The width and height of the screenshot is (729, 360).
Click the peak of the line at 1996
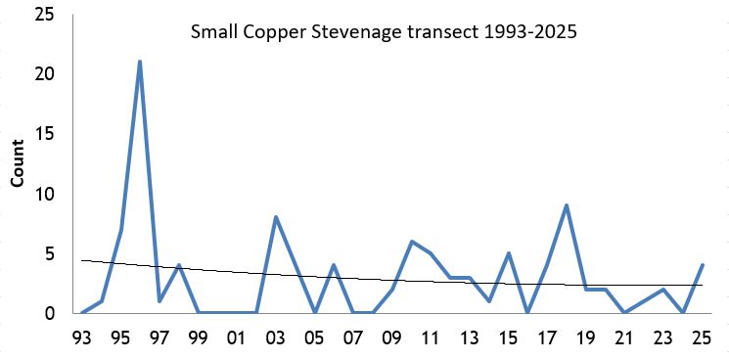(140, 62)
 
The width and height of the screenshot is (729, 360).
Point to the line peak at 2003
(276, 217)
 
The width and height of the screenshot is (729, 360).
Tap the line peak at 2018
(567, 205)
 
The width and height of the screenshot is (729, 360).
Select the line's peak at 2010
(412, 242)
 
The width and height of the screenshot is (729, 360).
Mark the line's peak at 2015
(509, 253)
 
